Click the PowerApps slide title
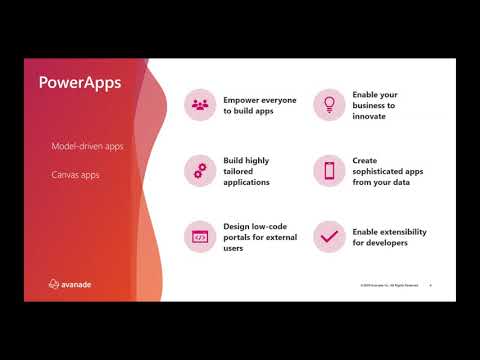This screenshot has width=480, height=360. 80,82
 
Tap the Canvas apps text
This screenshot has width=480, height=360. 75,174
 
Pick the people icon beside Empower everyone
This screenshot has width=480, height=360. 200,104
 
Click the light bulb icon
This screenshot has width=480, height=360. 329,104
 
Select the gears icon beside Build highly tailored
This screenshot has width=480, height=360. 200,170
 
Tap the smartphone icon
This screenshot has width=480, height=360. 329,170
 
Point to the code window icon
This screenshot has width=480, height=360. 200,237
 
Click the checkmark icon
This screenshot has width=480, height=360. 329,237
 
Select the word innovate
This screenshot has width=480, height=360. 369,116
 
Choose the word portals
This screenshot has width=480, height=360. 239,237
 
